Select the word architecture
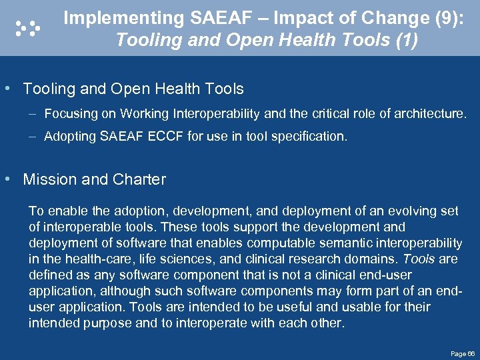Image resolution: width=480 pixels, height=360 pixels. click(x=430, y=114)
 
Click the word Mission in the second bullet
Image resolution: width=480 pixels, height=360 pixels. click(x=48, y=179)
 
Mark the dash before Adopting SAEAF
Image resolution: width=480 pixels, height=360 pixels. click(x=33, y=137)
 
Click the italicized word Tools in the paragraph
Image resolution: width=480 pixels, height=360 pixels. click(x=420, y=259)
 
